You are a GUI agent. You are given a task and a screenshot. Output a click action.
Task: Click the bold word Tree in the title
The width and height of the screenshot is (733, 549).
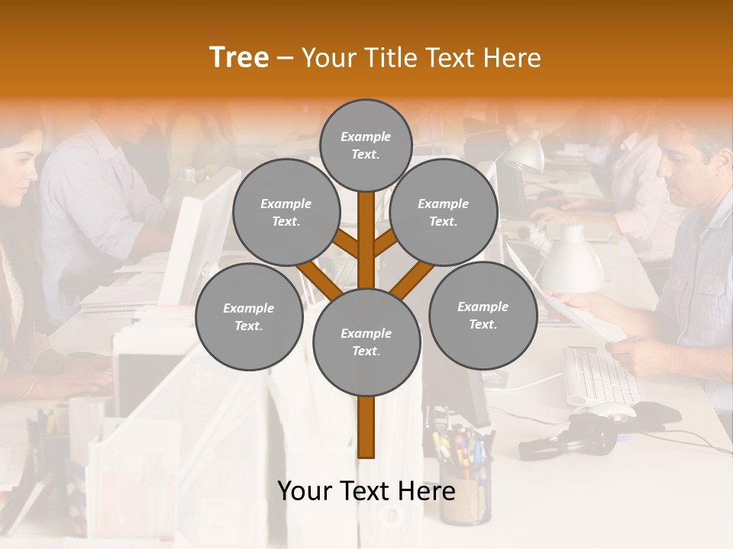[239, 58]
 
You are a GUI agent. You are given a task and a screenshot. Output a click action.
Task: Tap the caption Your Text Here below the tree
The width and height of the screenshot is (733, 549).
[366, 491]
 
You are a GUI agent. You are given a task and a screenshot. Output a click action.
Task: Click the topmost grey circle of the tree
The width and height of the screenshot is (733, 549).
[366, 145]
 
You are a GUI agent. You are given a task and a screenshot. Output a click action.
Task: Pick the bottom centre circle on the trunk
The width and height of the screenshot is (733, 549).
[366, 342]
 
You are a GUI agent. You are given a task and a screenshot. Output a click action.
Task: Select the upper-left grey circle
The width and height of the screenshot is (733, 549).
[286, 213]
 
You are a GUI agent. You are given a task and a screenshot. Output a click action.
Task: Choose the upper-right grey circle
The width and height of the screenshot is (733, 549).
[443, 213]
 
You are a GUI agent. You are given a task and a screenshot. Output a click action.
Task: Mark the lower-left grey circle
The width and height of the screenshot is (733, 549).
[248, 316]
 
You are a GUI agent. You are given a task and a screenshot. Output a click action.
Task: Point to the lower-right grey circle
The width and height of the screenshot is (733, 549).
[483, 315]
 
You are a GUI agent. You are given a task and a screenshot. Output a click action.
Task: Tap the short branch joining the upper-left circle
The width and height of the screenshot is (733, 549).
[345, 245]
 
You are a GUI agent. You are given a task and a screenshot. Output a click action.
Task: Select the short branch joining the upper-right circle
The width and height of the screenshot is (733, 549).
[386, 245]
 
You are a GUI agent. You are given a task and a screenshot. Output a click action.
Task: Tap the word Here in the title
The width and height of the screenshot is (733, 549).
[512, 58]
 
